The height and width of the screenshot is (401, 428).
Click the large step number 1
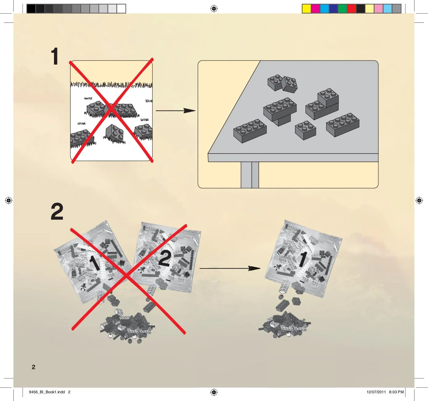pos(55,56)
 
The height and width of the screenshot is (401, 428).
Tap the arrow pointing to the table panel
pos(176,111)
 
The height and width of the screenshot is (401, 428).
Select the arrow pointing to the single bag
pos(230,268)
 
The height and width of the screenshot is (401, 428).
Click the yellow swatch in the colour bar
pos(306,9)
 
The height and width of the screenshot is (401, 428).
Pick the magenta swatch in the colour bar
pos(315,9)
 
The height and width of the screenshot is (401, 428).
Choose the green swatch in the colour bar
pos(343,9)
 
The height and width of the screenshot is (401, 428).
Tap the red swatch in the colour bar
pos(351,9)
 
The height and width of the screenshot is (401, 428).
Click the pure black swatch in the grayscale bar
pos(31,9)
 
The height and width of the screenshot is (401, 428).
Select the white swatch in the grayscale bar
pos(121,9)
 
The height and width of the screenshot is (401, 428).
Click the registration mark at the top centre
pos(214,9)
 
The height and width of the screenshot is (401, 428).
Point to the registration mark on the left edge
pos(9,200)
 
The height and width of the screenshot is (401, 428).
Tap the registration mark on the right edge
pos(419,200)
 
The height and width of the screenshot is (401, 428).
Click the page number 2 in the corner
pos(33,367)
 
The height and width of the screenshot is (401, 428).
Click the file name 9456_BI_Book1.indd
pos(47,392)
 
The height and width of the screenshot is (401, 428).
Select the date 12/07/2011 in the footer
pos(376,392)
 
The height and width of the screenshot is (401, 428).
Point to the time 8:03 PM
pos(396,392)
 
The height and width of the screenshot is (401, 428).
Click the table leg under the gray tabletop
pos(250,175)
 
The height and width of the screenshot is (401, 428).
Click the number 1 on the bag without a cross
pos(303,259)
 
